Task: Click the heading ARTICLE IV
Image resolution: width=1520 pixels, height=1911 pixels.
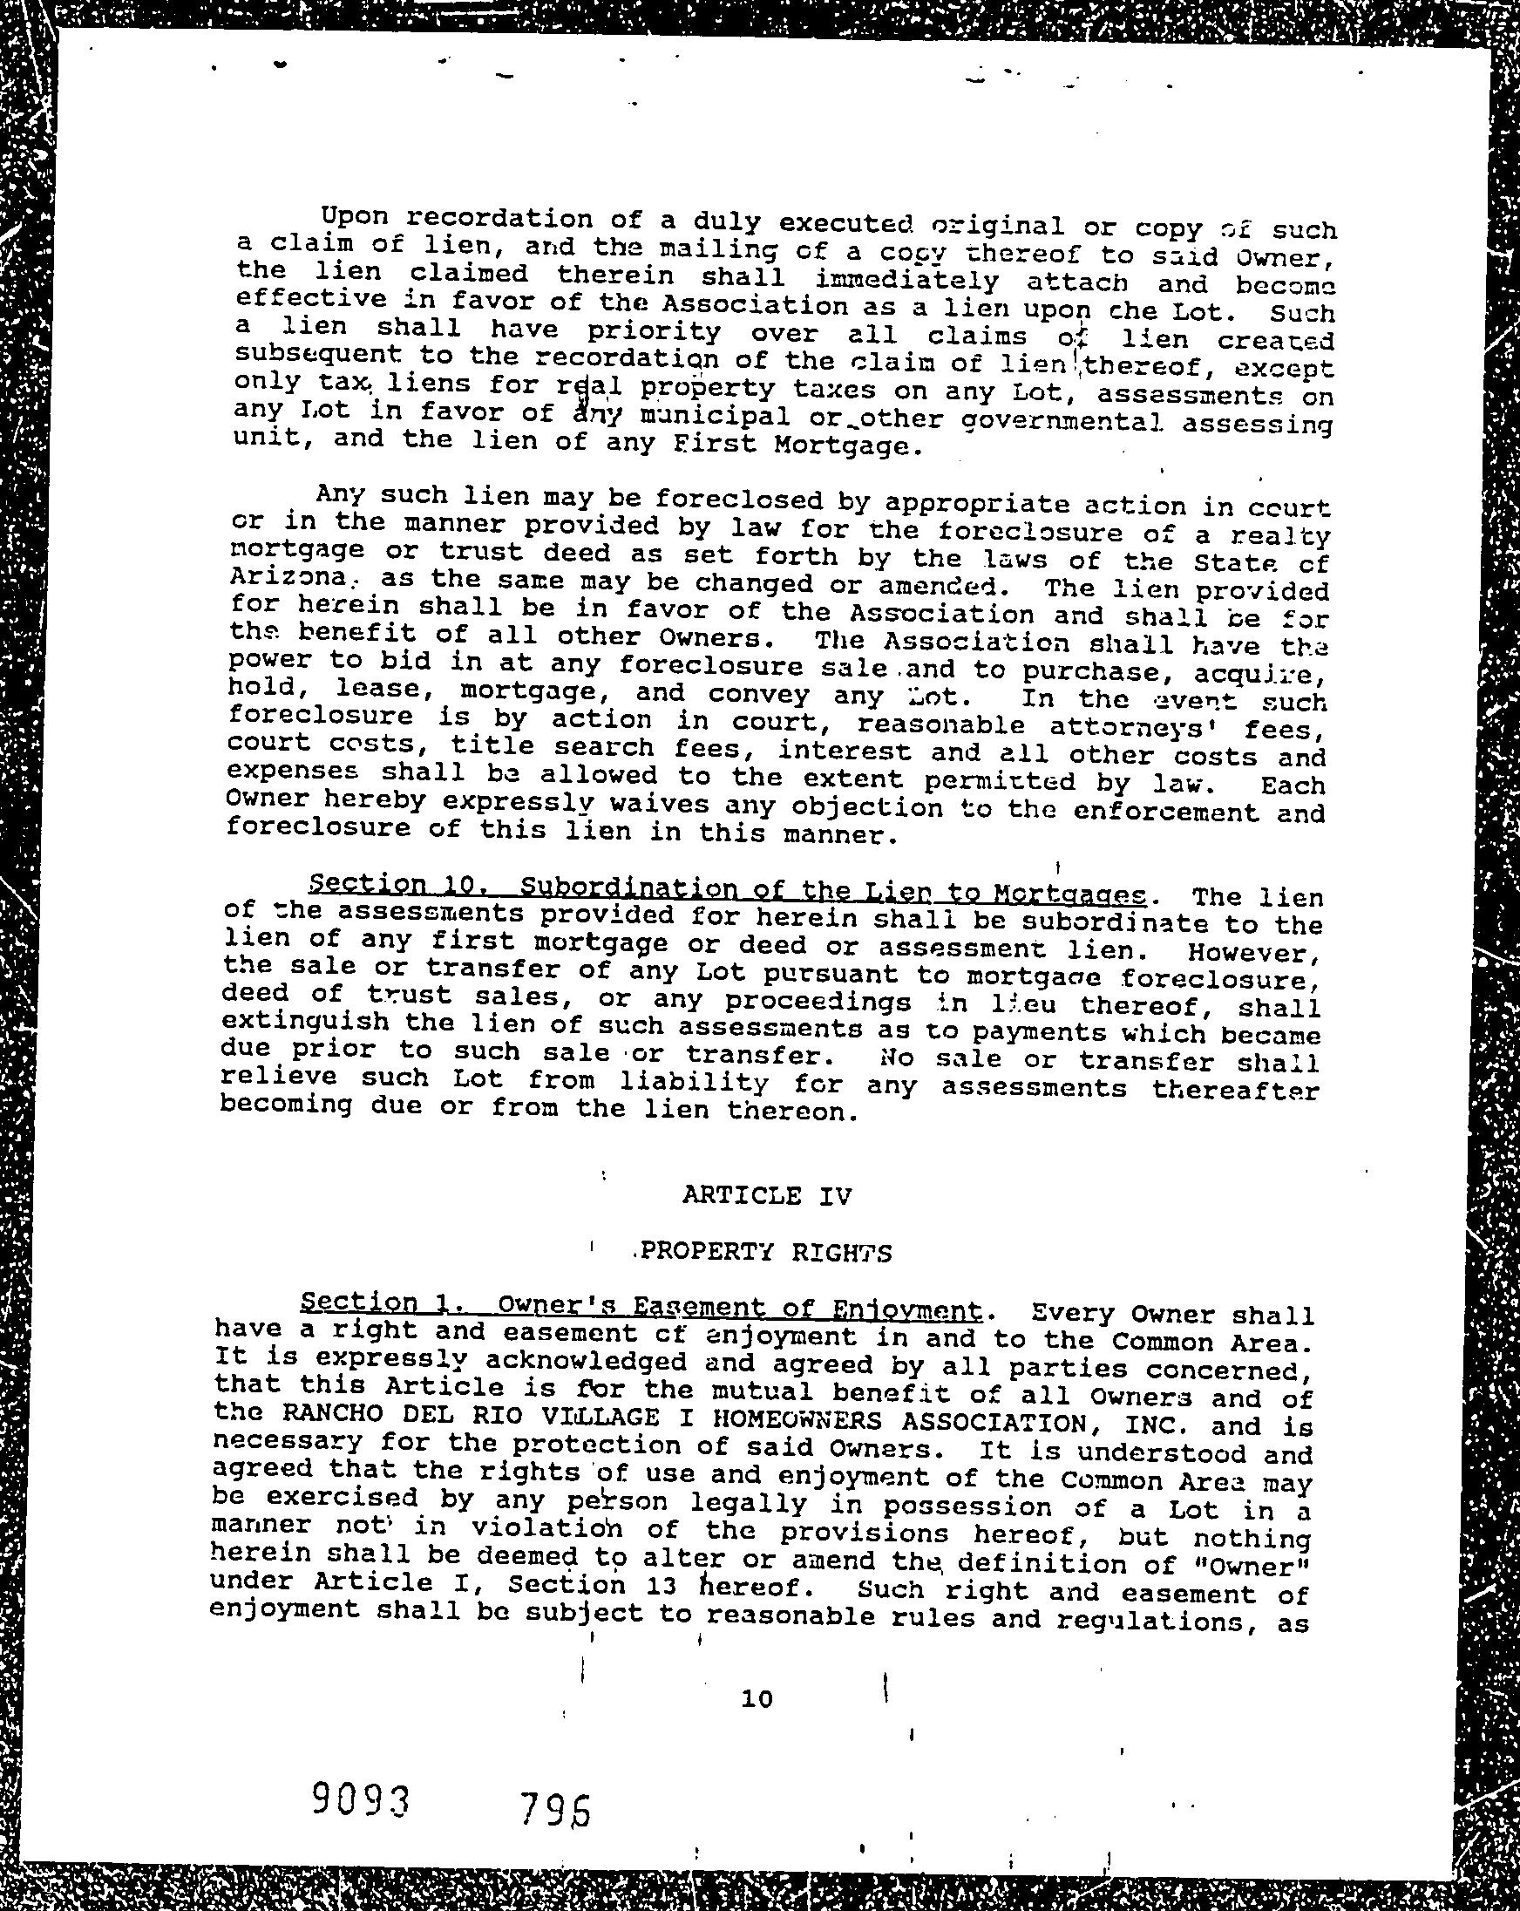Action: click(x=767, y=1196)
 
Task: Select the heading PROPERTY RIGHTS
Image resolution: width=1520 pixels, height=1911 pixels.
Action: click(x=765, y=1253)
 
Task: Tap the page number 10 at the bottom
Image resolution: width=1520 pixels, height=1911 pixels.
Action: click(x=757, y=1698)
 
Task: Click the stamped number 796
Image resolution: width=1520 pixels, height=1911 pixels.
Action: click(x=555, y=1808)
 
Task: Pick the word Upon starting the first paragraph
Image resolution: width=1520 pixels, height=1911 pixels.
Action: click(x=355, y=217)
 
